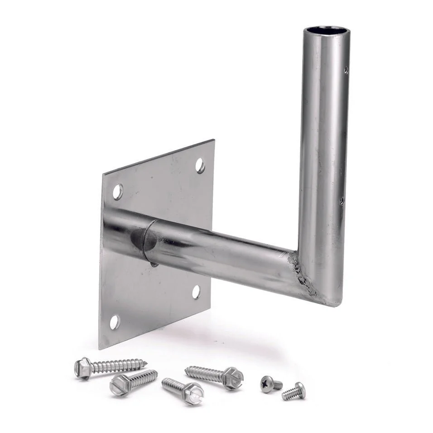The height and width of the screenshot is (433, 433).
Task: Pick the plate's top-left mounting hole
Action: coord(117,192)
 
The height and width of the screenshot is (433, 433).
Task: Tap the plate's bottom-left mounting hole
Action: coord(115,322)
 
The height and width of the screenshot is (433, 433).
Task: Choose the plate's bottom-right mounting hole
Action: coord(196,292)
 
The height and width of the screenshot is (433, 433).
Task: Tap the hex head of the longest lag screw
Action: coord(83,367)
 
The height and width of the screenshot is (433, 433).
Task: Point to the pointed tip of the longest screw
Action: coord(145,362)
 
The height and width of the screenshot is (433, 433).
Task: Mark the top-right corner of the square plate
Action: coord(214,140)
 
